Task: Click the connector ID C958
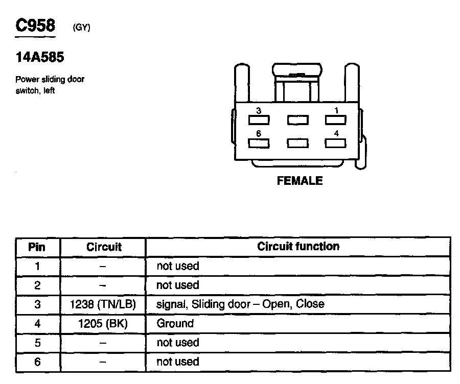[x=35, y=26]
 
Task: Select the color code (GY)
[x=82, y=28]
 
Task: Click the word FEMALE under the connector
[x=300, y=181]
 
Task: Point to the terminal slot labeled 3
[x=259, y=120]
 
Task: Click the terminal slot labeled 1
[x=336, y=120]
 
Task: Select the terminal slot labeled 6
[x=259, y=143]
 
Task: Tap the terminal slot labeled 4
[x=336, y=143]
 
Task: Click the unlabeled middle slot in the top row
[x=297, y=120]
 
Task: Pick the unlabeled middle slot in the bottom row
[x=297, y=143]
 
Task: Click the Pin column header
[x=37, y=247]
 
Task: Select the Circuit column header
[x=104, y=247]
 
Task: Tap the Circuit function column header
[x=298, y=247]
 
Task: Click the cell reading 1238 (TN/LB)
[x=103, y=304]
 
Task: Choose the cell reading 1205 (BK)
[x=103, y=323]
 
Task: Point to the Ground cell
[x=175, y=323]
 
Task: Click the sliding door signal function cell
[x=240, y=304]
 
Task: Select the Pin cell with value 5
[x=37, y=343]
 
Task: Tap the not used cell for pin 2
[x=177, y=285]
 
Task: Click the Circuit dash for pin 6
[x=103, y=362]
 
